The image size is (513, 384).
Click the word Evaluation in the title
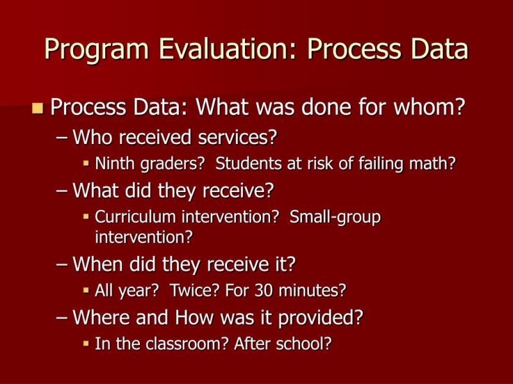pos(220,49)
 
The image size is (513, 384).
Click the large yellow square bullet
pos(37,107)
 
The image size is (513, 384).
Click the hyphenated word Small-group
pos(335,217)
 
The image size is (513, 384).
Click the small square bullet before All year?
pos(87,291)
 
